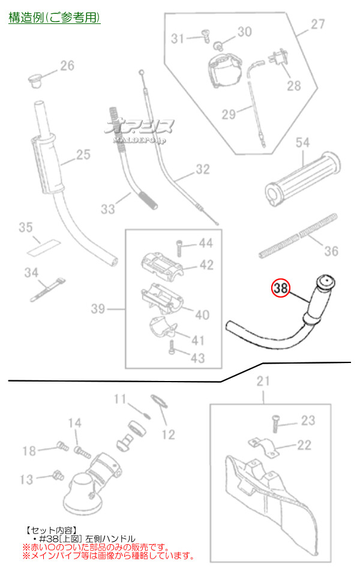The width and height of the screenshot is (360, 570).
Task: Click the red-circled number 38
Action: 279,289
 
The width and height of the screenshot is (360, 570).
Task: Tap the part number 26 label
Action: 67,65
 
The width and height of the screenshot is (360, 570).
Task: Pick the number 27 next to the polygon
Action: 317,25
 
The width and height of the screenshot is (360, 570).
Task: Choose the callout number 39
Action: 98,309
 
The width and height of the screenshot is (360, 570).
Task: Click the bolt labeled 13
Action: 58,476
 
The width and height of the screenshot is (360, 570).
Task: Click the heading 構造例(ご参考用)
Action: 55,17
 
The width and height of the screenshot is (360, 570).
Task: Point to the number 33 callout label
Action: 108,209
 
